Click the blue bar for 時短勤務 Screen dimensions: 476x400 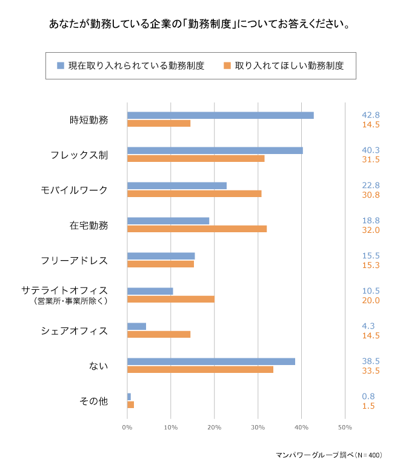(220, 115)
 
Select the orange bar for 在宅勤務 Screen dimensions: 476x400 (197, 229)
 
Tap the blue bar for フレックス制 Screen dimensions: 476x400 (215, 150)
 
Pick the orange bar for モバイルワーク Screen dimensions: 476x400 (194, 193)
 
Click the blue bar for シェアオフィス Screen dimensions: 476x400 (136, 326)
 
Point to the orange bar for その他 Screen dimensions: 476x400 (130, 404)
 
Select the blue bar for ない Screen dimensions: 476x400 (211, 361)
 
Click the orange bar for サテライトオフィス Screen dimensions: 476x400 (170, 299)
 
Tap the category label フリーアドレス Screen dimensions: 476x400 (74, 261)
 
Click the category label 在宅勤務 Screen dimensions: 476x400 (88, 226)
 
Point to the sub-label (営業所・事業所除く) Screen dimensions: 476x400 (72, 300)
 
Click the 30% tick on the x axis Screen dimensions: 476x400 (258, 428)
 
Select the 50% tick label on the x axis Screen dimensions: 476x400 (344, 428)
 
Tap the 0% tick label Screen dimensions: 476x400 (127, 428)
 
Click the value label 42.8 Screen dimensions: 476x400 (370, 115)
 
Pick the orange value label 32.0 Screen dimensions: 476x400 (370, 230)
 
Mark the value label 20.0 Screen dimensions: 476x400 (370, 300)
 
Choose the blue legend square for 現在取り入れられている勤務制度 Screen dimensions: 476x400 (61, 65)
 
